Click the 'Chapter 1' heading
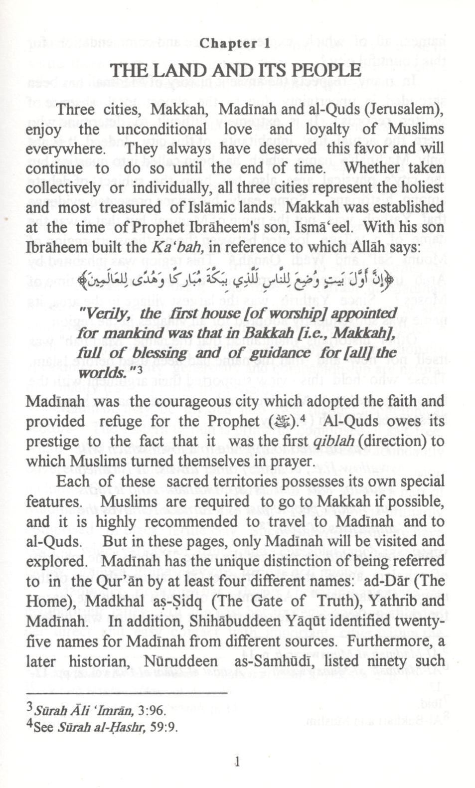[235, 43]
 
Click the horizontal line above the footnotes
[127, 693]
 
